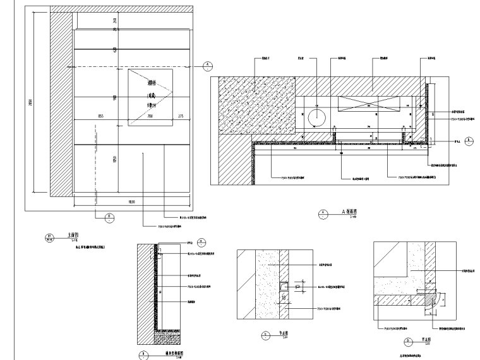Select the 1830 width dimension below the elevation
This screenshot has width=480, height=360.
pyautogui.click(x=114, y=201)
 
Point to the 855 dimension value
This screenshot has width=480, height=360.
pyautogui.click(x=100, y=116)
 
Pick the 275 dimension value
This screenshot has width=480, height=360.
pyautogui.click(x=180, y=116)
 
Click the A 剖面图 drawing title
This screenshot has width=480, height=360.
pyautogui.click(x=349, y=212)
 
